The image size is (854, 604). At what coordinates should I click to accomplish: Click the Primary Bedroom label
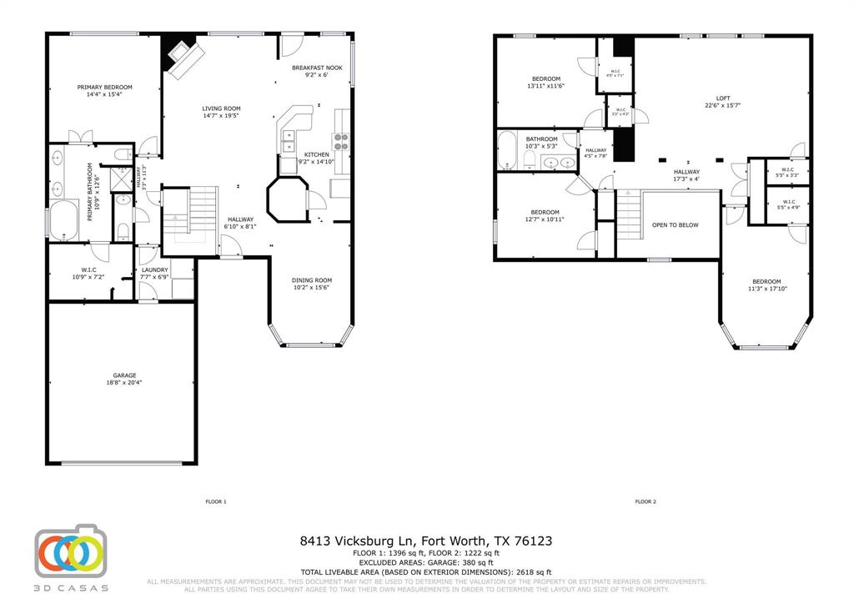coord(105,87)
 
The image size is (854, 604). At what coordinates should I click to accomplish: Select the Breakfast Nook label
coord(317,67)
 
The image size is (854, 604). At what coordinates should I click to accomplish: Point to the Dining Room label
coord(312,280)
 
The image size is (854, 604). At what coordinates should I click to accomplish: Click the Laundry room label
coord(155,270)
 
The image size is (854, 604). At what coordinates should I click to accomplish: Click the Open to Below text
coord(675,225)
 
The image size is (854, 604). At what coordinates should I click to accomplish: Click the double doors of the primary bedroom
coord(81,138)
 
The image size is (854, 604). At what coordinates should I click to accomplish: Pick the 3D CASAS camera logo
coord(71,553)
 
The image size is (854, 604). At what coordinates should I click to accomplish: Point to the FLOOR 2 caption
coord(646,502)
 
